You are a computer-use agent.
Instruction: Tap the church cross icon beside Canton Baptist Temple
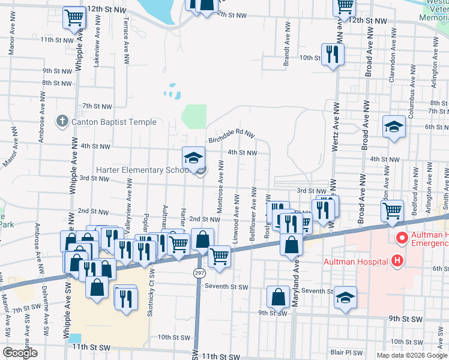(62, 122)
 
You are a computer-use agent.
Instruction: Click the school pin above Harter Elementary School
(194, 158)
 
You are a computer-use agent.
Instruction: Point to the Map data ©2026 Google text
(411, 355)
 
